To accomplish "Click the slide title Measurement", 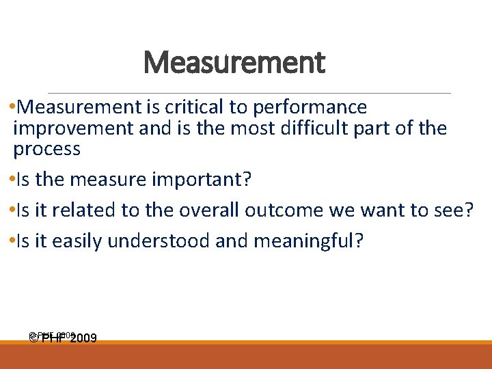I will click(x=234, y=64).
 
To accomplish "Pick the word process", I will click(x=46, y=148).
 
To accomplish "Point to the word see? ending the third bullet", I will click(x=453, y=210).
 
